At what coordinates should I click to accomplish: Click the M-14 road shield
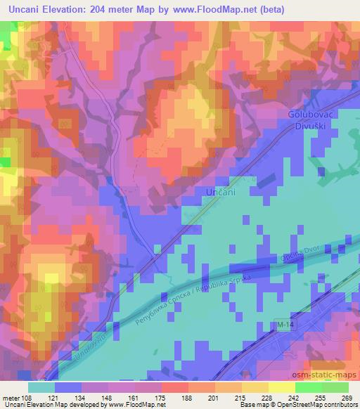283,325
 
